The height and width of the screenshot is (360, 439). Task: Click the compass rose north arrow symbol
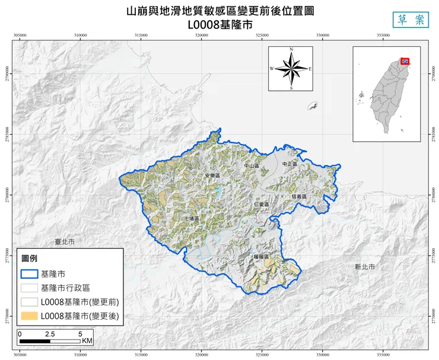coord(291,68)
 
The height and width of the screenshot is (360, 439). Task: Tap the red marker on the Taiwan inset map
coord(406,61)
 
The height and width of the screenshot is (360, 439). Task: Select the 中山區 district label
coord(252,166)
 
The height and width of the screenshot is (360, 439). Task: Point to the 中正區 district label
coord(290,163)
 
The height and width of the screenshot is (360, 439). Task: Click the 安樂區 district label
coord(212,176)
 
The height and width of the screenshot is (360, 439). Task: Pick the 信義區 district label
coord(299,196)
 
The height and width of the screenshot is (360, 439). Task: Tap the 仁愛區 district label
coord(261,204)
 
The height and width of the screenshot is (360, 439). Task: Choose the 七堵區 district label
coord(191,219)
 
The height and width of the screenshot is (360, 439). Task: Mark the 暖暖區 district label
coord(261,257)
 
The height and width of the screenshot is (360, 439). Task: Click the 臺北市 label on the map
coord(65,242)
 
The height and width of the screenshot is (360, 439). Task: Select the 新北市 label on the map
coord(364,267)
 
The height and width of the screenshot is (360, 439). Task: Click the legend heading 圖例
coord(30,259)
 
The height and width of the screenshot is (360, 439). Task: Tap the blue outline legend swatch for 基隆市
coord(29,274)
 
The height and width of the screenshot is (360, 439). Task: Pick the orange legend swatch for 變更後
coord(29,316)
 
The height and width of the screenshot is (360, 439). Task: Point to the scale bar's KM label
coord(87,341)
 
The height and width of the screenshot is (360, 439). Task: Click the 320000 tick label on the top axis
coord(202,36)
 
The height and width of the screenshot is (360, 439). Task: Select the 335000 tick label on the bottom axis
coord(383,355)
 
